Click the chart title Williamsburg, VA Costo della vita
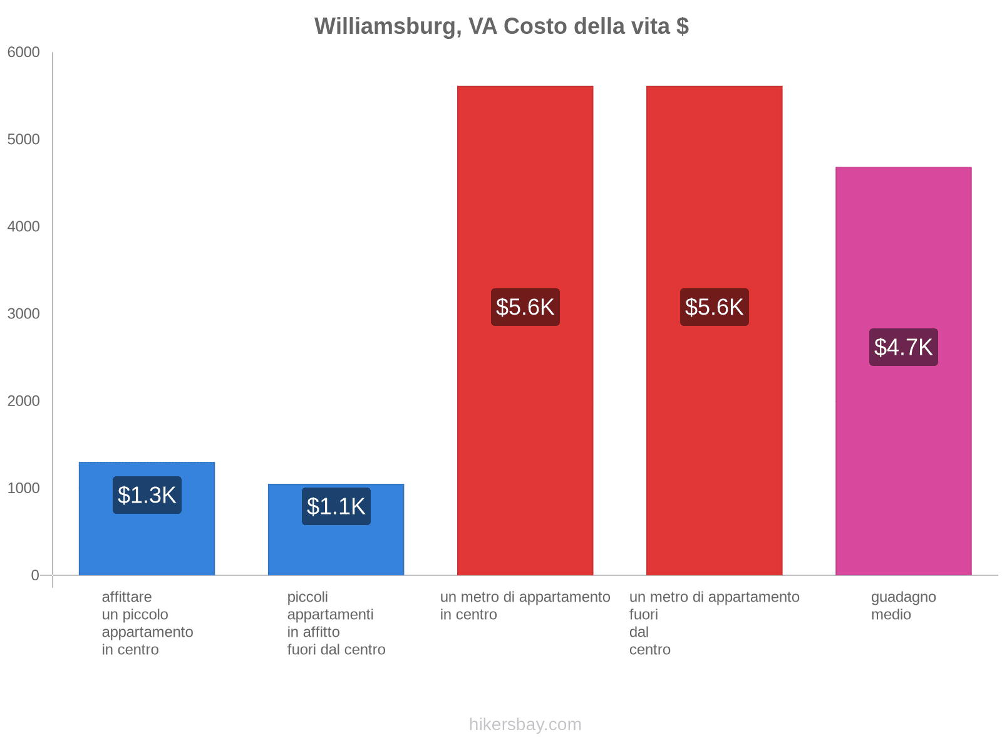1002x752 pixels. pyautogui.click(x=501, y=26)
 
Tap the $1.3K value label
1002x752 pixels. pyautogui.click(x=147, y=495)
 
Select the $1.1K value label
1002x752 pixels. pyautogui.click(x=336, y=506)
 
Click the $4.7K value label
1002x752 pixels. pyautogui.click(x=903, y=347)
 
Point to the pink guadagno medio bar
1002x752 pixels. pyautogui.click(x=903, y=251)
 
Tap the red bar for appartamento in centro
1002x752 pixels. pyautogui.click(x=525, y=188)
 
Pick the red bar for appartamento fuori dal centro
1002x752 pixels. pyautogui.click(x=714, y=188)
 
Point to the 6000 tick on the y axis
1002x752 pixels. pyautogui.click(x=24, y=53)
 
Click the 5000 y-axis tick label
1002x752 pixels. pyautogui.click(x=24, y=140)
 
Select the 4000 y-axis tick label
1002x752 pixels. pyautogui.click(x=24, y=227)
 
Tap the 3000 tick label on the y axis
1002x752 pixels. pyautogui.click(x=24, y=314)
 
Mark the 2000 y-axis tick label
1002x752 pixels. pyautogui.click(x=24, y=401)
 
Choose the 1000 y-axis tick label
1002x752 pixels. pyautogui.click(x=24, y=488)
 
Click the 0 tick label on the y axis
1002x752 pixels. pyautogui.click(x=35, y=575)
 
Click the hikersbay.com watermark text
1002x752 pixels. pyautogui.click(x=525, y=724)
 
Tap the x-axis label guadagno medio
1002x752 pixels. pyautogui.click(x=903, y=605)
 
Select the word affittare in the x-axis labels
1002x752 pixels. pyautogui.click(x=127, y=597)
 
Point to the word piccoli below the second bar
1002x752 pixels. pyautogui.click(x=307, y=597)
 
